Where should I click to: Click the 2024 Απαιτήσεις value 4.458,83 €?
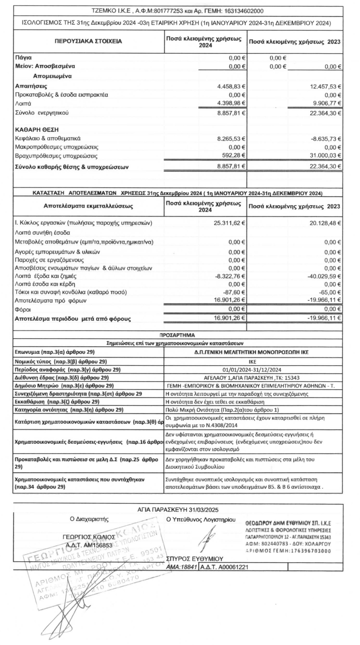(x=229, y=86)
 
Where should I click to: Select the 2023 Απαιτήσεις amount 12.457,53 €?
(x=322, y=86)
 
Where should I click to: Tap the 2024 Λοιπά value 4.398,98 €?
(x=229, y=103)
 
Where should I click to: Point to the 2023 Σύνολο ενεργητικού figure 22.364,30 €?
(x=322, y=113)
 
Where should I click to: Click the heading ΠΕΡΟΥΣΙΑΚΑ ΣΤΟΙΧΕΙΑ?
(x=86, y=42)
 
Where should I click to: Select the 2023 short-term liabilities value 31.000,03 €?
(x=322, y=156)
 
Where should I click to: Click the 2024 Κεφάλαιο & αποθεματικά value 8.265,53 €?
(x=229, y=138)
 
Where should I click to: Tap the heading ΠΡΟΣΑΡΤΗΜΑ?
(x=179, y=334)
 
